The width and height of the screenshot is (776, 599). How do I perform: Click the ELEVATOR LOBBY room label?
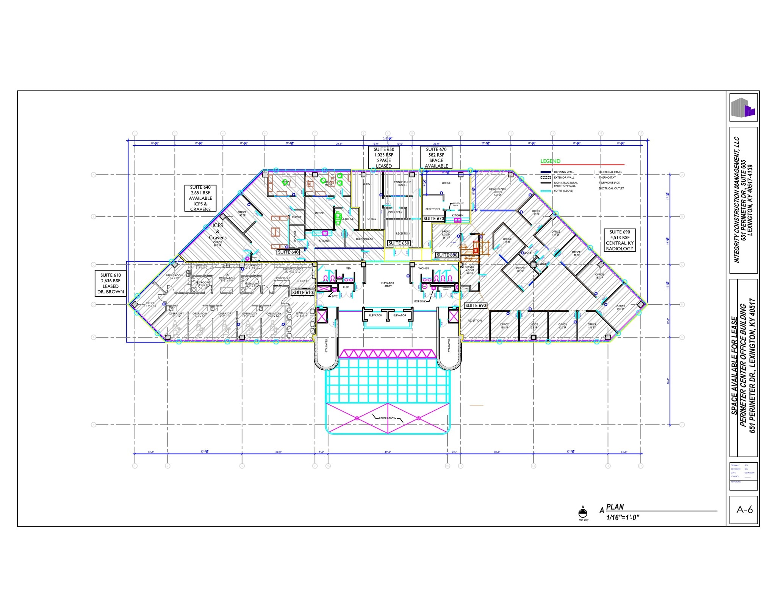click(x=388, y=285)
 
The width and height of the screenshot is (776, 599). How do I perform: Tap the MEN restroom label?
click(x=348, y=268)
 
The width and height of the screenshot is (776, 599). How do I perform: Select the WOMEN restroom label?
click(x=424, y=268)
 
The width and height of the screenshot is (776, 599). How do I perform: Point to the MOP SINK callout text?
click(x=419, y=302)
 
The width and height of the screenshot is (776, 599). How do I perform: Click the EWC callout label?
click(x=335, y=296)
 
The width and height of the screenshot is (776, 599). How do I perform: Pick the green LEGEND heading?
click(x=550, y=161)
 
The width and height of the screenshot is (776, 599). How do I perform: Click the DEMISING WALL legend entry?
click(x=564, y=172)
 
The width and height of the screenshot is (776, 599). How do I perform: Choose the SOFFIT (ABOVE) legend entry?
click(x=563, y=191)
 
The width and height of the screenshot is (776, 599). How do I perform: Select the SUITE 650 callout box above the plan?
click(x=384, y=157)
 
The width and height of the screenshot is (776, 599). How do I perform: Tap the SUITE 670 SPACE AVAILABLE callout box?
click(x=436, y=157)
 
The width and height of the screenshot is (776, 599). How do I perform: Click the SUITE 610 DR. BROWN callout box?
click(x=110, y=283)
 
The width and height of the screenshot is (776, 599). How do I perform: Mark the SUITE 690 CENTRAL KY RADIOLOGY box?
click(x=620, y=240)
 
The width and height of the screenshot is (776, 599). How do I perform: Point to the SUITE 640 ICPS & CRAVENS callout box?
click(x=200, y=198)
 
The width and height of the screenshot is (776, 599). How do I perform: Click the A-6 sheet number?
click(x=744, y=510)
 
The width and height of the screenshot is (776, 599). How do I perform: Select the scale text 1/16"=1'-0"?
click(x=623, y=518)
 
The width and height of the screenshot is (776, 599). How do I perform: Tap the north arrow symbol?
click(x=583, y=513)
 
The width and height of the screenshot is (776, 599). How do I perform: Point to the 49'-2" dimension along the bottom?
click(x=388, y=452)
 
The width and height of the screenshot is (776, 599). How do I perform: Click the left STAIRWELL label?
click(x=326, y=345)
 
